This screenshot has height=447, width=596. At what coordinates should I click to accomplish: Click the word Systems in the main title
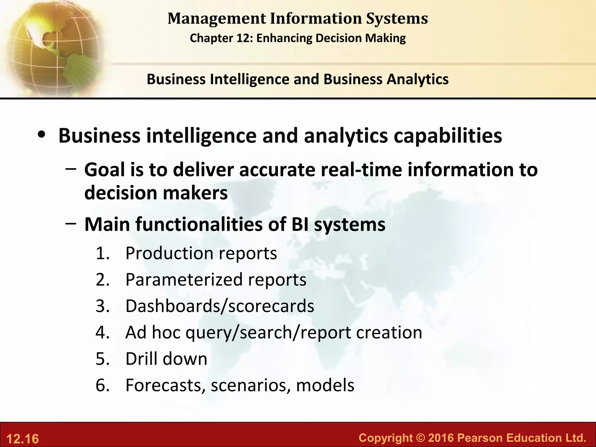point(397,19)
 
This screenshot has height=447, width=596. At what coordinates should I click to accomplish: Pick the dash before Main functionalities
point(71,223)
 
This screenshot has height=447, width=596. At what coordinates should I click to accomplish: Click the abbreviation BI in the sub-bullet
point(300,225)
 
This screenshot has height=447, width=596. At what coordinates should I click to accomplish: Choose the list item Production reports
point(201,253)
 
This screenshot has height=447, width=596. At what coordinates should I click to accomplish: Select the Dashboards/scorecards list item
point(220,306)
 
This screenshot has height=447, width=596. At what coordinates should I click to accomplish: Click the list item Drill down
point(166,359)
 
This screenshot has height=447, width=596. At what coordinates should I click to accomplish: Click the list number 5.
point(102,359)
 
